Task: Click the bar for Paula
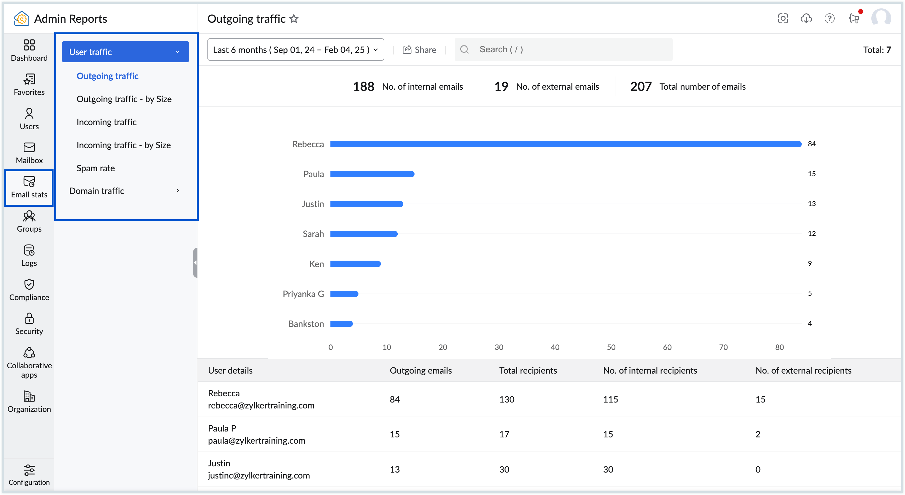tap(372, 174)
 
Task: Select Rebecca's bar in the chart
tap(566, 144)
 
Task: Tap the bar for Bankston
tap(341, 323)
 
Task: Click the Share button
tap(419, 49)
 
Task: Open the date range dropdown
tap(296, 49)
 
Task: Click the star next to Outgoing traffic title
tap(294, 19)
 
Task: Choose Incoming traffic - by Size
tap(123, 145)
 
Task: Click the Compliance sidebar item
tap(29, 290)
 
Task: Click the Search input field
tap(569, 49)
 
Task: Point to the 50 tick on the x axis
tap(611, 347)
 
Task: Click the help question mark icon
tap(829, 18)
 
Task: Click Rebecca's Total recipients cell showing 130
tap(507, 399)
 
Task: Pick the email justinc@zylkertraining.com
tap(258, 475)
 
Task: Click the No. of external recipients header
tap(803, 370)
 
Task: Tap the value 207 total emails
tap(641, 87)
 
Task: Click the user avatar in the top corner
tap(881, 17)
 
